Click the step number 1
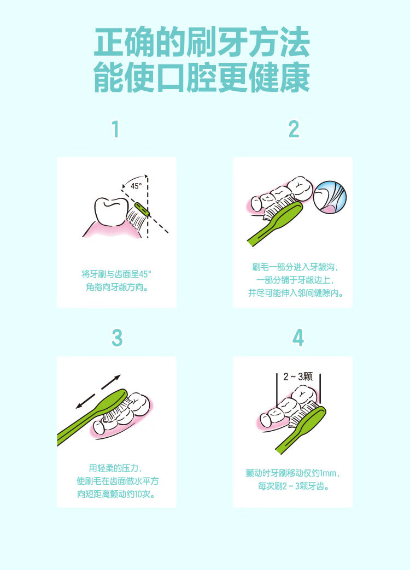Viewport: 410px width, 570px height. point(115,129)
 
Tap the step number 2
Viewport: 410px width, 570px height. point(294,129)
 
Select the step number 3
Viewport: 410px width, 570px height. point(116,338)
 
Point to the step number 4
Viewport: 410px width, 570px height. point(298,338)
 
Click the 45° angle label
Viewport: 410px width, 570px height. point(136,186)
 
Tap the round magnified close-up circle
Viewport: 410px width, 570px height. point(330,197)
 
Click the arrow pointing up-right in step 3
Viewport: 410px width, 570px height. point(110,383)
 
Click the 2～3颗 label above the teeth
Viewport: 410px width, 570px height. point(298,377)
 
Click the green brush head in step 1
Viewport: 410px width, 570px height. point(142,210)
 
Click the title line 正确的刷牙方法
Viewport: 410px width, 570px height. point(202,43)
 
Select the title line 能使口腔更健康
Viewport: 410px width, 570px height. point(202,78)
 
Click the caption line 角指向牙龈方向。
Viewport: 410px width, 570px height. point(116,287)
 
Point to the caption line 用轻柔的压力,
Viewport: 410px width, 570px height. point(115,468)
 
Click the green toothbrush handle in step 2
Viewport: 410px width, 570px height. point(275,224)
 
